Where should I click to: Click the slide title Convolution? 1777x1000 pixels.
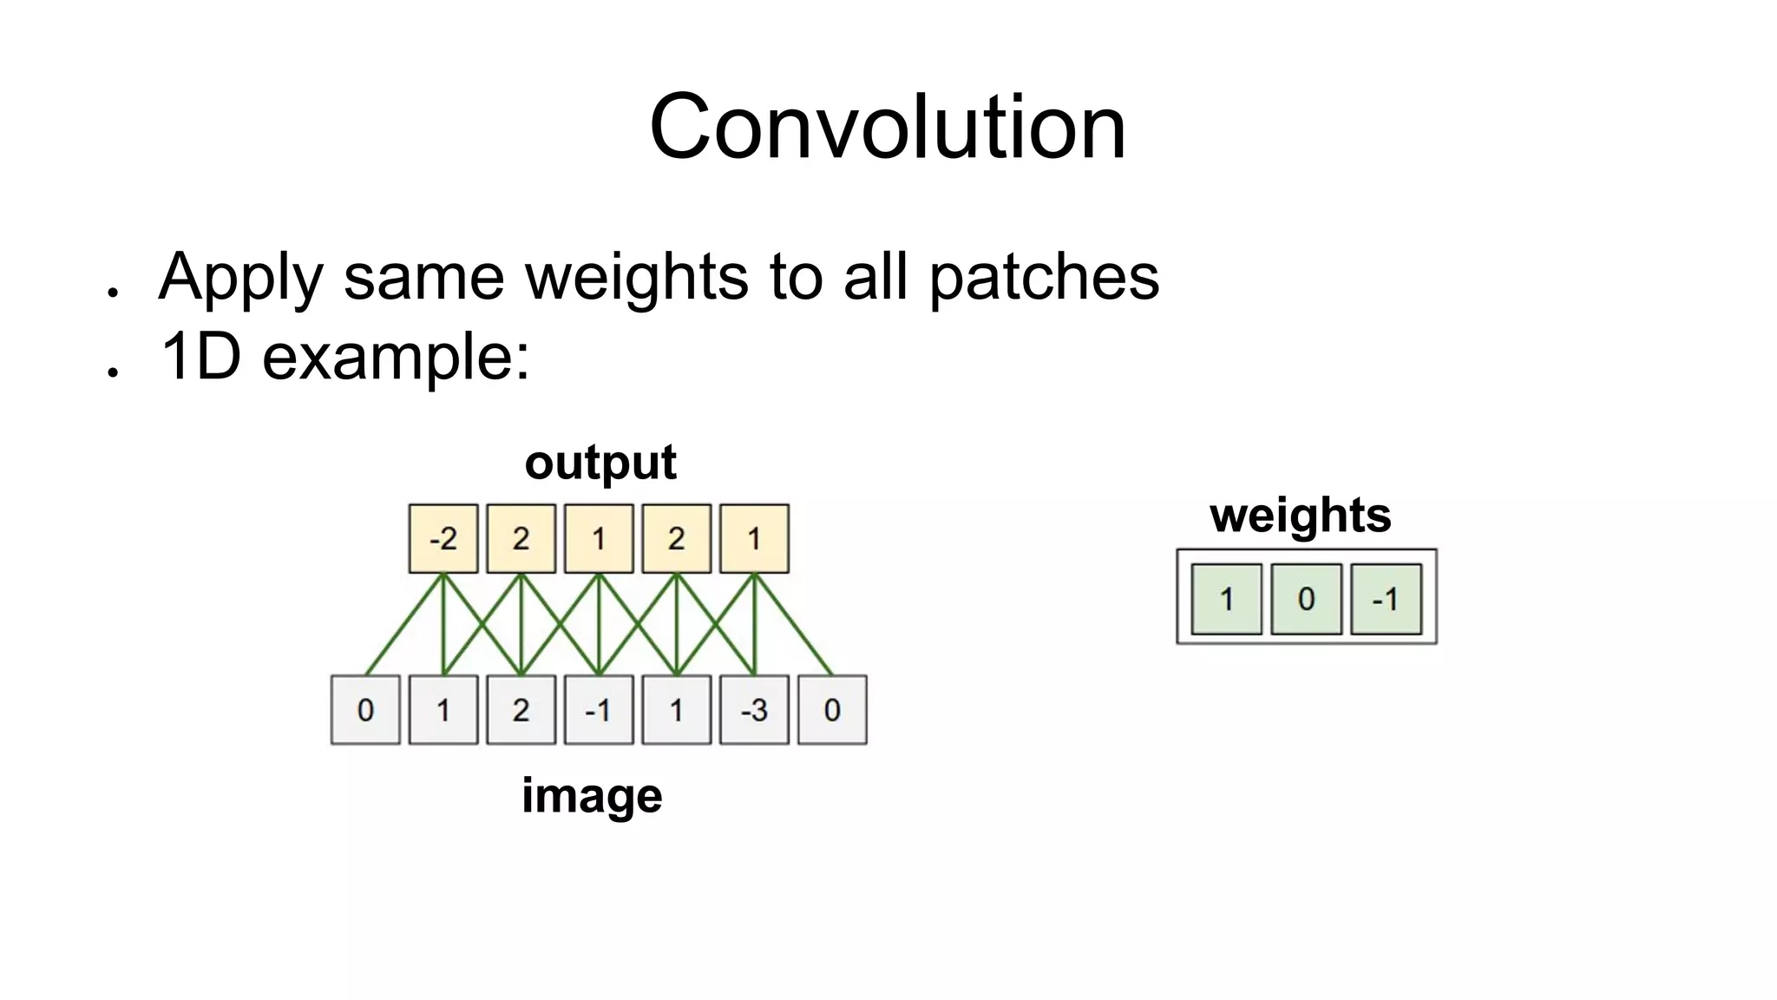coord(887,128)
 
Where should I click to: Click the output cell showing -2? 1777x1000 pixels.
coord(443,538)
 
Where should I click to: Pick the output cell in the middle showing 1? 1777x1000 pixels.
coord(599,538)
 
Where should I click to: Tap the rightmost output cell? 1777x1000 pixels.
coord(754,538)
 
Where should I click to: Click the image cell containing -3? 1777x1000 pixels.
coord(754,710)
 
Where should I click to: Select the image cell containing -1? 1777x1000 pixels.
coord(599,710)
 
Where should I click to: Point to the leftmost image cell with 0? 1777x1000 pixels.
coord(365,710)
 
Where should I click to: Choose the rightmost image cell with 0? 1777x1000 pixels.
coord(832,710)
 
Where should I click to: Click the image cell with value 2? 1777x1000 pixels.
coord(521,710)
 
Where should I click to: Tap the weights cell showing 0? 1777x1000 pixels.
coord(1306,599)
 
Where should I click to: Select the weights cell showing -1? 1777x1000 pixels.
coord(1386,599)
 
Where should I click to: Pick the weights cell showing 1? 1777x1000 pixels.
coord(1226,599)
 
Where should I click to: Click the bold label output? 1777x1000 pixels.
coord(600,462)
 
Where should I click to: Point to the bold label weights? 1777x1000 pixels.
coord(1300,515)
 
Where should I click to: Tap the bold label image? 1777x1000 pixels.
coord(592,795)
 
